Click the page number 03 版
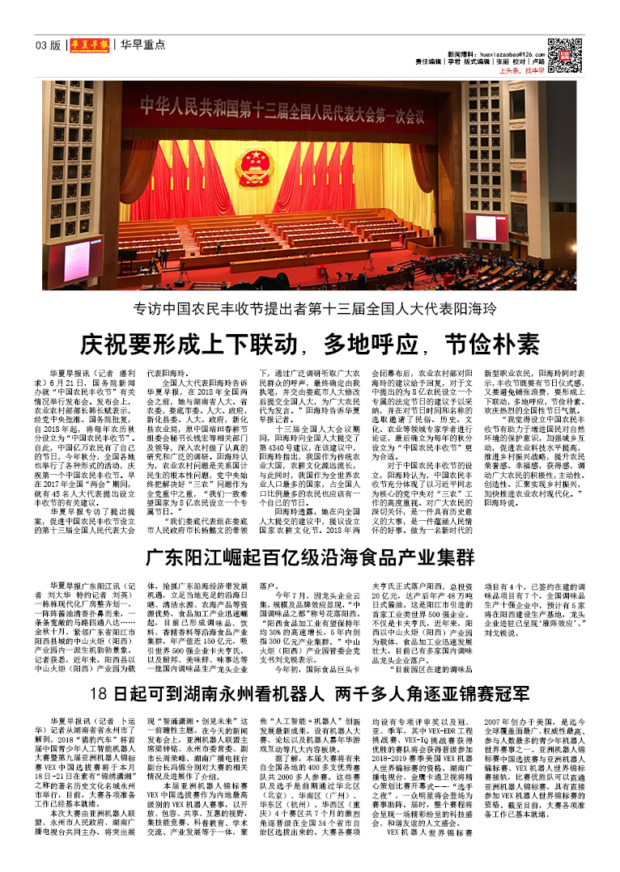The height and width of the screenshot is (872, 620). point(48,44)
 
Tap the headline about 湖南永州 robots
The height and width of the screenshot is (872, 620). point(309,694)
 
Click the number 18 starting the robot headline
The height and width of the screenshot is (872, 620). point(99,694)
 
